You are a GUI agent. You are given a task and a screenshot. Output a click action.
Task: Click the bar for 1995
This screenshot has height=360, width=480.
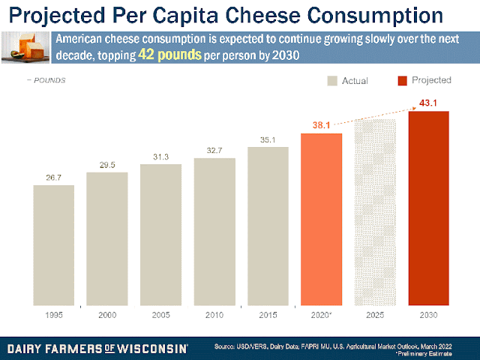point(53,244)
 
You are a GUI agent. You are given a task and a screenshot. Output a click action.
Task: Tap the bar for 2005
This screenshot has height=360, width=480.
point(160,234)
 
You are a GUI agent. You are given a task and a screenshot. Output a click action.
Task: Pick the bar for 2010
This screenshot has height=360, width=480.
point(214,231)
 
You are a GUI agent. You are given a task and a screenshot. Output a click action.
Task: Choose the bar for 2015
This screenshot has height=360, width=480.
point(268,226)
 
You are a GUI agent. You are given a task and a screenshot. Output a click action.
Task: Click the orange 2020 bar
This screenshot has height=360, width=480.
point(321,219)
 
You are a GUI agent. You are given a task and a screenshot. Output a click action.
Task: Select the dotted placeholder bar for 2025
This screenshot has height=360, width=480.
point(374,212)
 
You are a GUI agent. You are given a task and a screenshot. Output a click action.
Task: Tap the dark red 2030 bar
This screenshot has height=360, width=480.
point(428,208)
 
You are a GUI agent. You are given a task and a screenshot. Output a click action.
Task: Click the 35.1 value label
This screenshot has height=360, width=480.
point(268,139)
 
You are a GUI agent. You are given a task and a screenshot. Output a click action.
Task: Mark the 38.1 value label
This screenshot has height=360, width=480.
point(321,126)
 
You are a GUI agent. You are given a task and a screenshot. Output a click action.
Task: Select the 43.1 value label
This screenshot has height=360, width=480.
point(428,103)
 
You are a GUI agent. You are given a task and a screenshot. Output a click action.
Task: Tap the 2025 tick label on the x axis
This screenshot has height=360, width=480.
point(374,315)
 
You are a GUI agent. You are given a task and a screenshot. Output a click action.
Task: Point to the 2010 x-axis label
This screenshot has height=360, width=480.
point(214,315)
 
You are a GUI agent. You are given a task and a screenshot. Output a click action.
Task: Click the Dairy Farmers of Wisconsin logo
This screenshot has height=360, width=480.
point(98,349)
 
